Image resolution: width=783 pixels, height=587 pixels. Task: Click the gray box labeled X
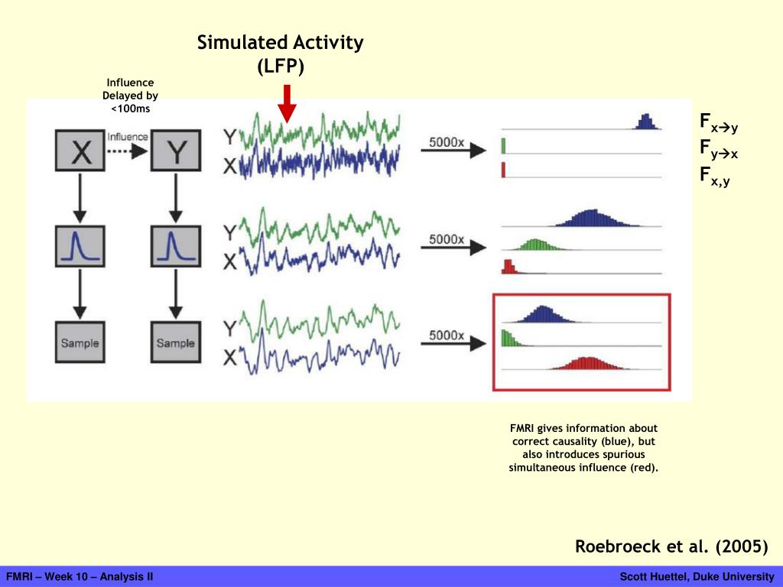(80, 151)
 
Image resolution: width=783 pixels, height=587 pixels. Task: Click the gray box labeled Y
(176, 151)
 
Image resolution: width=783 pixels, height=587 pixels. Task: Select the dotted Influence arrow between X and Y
(127, 151)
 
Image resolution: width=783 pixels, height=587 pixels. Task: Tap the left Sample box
(80, 342)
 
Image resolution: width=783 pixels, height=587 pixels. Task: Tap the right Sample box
(176, 342)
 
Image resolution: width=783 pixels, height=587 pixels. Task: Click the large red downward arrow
(288, 104)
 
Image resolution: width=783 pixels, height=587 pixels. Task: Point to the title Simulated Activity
(280, 43)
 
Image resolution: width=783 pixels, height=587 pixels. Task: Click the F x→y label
(719, 123)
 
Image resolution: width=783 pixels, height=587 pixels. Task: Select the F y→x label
(719, 149)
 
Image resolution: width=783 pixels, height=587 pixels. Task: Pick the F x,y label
(715, 176)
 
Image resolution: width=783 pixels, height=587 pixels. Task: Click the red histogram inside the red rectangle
(588, 363)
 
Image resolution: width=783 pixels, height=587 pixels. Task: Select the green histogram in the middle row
(536, 244)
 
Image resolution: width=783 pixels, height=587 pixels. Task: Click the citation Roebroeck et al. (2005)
(671, 546)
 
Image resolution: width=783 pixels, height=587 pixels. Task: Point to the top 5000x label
(447, 142)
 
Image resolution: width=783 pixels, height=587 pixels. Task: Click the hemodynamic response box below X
(80, 246)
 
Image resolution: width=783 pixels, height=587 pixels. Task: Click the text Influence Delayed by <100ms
(130, 96)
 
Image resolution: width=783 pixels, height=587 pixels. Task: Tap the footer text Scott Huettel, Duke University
(697, 576)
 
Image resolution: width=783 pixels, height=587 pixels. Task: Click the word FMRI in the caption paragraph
(521, 428)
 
